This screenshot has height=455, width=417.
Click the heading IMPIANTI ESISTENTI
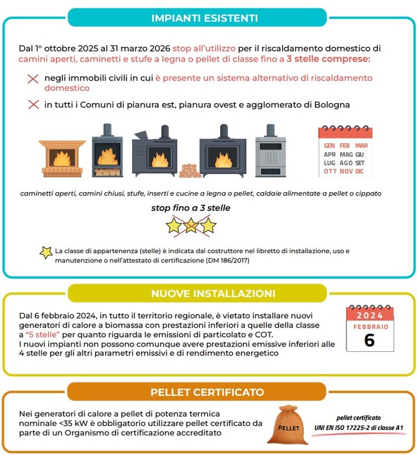coord(208,18)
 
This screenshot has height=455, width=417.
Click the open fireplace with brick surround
coord(62,158)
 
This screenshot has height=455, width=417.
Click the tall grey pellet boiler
coord(270,152)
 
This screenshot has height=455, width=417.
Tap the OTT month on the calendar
coord(330,171)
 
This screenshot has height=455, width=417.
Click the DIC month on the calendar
coord(360,171)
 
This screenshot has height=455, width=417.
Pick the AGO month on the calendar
coord(346,162)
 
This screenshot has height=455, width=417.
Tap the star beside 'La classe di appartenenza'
coord(46,252)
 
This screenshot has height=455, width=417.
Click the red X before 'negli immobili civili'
coord(33,79)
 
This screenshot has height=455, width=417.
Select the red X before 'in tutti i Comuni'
coord(33,105)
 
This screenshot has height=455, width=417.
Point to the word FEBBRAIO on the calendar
coord(370,326)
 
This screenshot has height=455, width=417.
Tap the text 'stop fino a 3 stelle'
coord(191,208)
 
